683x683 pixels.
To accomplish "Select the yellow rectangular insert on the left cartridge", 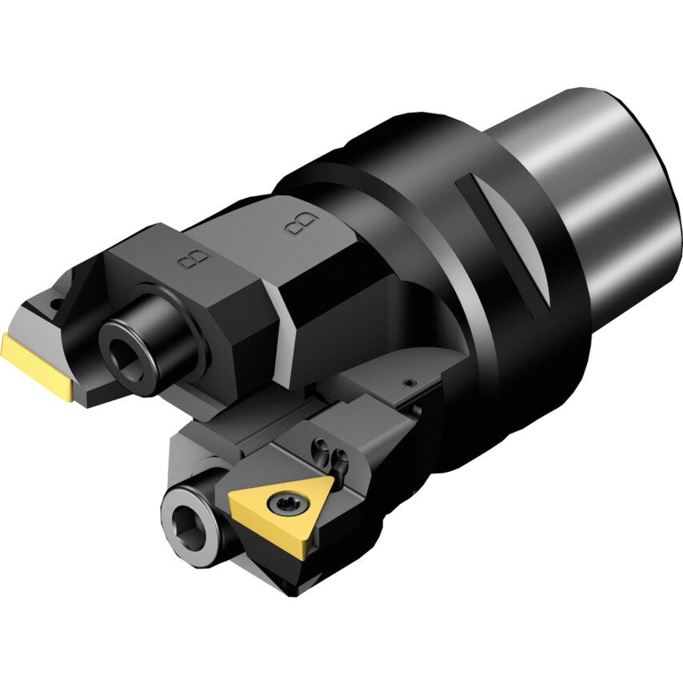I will click(x=36, y=366).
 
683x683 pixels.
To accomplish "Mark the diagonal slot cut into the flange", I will click(x=505, y=244).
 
